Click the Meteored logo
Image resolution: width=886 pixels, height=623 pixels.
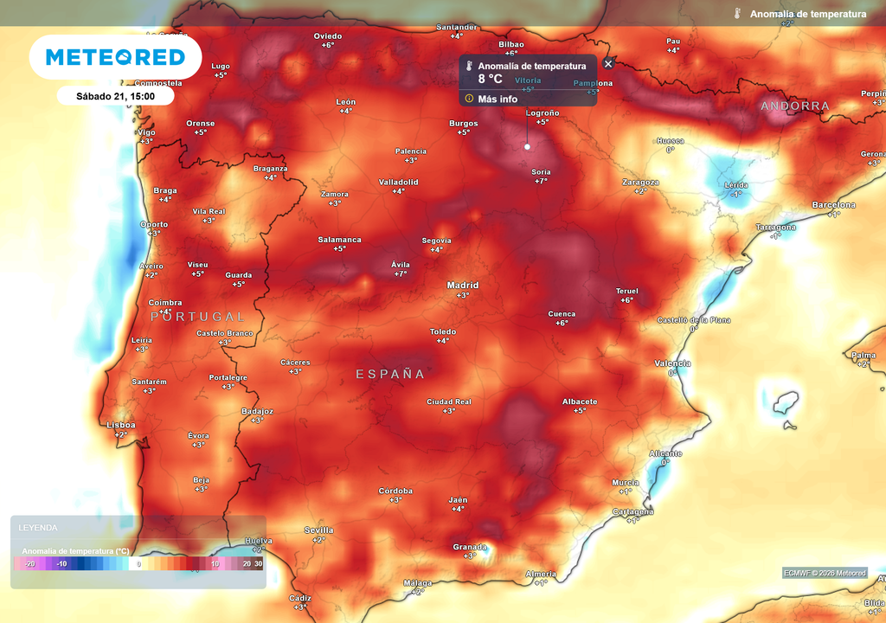pos(115,57)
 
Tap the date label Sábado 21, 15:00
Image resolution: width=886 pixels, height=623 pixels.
pos(115,96)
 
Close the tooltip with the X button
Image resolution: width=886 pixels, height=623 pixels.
pos(608,63)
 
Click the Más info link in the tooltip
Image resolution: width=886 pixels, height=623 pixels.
pos(497,99)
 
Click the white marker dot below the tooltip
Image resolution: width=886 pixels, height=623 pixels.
pos(527,147)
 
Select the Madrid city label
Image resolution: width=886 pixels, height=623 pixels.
pos(463,286)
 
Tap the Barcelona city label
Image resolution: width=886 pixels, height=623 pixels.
pos(833,205)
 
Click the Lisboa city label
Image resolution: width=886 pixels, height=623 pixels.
pos(120,425)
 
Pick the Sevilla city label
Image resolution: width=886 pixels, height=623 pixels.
pos(318,530)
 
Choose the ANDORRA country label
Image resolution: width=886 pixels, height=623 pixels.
pos(794,106)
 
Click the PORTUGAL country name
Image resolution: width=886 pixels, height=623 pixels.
pos(198,317)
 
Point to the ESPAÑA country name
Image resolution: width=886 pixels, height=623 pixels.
pos(391,374)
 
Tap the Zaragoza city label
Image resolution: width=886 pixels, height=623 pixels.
pos(640,183)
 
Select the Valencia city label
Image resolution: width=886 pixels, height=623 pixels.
pos(672,363)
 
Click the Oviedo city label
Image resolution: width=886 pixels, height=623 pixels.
pos(328,36)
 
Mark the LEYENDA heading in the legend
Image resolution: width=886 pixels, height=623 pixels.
pos(38,527)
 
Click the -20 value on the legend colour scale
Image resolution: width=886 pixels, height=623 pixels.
pos(29,563)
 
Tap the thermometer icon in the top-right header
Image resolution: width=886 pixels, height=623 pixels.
pos(737,14)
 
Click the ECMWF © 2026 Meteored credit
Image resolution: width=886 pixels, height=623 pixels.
pos(825,573)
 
